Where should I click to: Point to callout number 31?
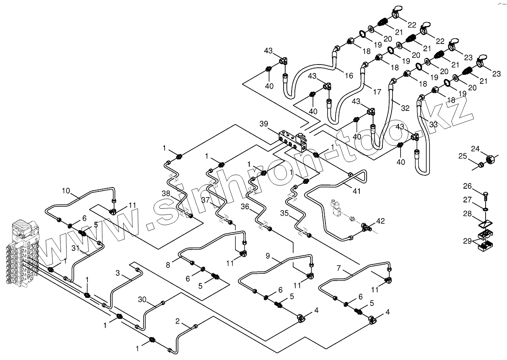75,248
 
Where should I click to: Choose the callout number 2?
178,321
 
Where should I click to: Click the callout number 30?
142,300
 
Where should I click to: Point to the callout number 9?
267,256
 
